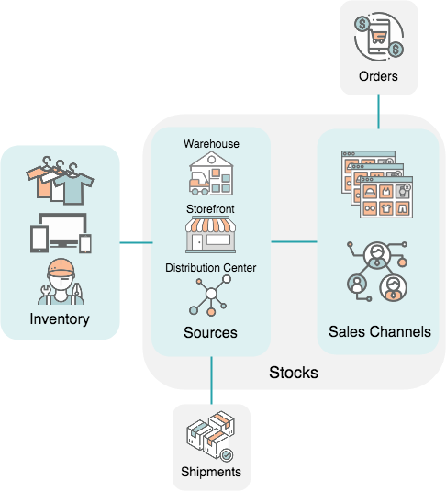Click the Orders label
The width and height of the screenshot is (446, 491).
point(378,76)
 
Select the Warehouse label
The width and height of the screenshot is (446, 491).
point(211,144)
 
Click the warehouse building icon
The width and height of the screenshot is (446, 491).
point(211,174)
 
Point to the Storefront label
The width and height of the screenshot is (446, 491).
point(211,209)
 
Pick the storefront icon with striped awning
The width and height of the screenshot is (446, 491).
point(211,235)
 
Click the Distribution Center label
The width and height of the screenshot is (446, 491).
point(211,268)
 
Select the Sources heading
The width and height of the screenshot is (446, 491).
point(211,332)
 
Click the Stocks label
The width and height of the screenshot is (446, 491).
point(294,373)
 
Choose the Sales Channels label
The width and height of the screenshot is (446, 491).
point(379,331)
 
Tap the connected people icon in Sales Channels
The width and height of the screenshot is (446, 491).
point(378,273)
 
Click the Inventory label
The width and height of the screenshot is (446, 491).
point(60,319)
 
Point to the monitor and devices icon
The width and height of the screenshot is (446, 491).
point(61,233)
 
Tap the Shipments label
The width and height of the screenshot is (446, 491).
point(211,472)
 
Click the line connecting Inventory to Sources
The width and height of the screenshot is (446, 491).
point(136,243)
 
